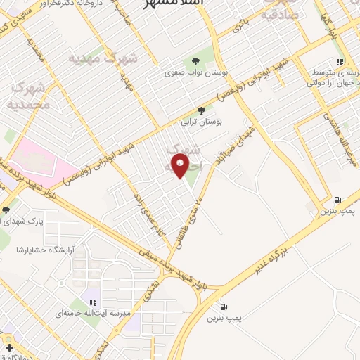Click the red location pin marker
pyautogui.click(x=181, y=167)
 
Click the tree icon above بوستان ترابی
pyautogui.click(x=202, y=110)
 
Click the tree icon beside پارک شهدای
pyautogui.click(x=6, y=210)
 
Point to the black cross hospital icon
pyautogui.click(x=8, y=347)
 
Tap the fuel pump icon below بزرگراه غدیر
pyautogui.click(x=224, y=307)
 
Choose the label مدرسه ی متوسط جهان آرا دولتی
pyautogui.click(x=330, y=78)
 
